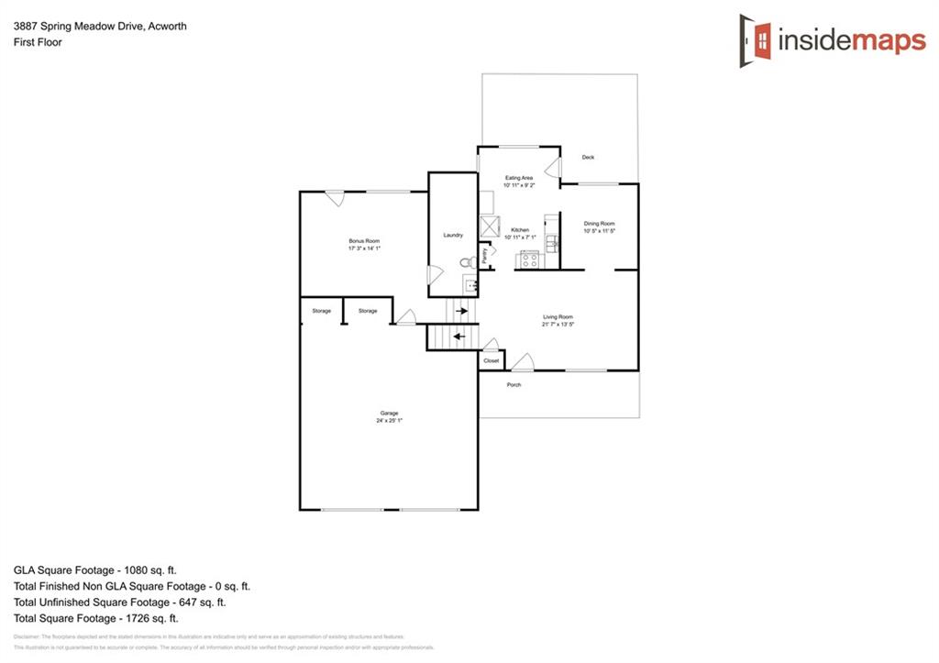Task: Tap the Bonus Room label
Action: click(x=364, y=240)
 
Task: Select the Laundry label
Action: click(x=453, y=236)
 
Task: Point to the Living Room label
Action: click(x=558, y=317)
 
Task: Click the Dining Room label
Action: click(x=600, y=224)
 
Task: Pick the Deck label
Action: click(x=588, y=158)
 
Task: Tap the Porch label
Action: click(x=514, y=384)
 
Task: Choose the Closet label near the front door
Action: click(x=492, y=361)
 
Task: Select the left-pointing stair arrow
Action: click(x=458, y=337)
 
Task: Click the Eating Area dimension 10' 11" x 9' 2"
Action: click(x=519, y=186)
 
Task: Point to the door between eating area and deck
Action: click(x=553, y=168)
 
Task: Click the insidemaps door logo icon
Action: click(x=755, y=40)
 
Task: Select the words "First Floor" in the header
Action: click(x=38, y=42)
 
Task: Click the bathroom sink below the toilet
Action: click(x=470, y=286)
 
